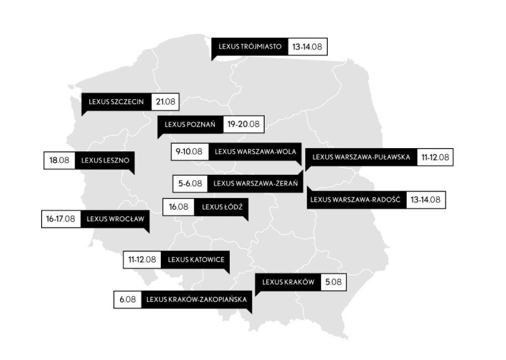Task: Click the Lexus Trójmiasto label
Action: [x=250, y=47]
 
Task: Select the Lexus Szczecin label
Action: [x=117, y=102]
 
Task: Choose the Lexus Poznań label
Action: [x=190, y=124]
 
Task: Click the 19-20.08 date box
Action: [x=244, y=124]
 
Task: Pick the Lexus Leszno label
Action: [x=105, y=160]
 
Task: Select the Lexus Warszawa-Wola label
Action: [x=255, y=151]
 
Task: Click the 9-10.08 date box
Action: [x=189, y=151]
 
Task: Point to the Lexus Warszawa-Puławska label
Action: [x=361, y=157]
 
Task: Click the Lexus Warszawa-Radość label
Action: [x=356, y=199]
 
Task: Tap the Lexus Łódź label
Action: [x=221, y=207]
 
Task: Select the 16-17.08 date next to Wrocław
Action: [x=61, y=219]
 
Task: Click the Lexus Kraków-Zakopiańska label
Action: [x=196, y=300]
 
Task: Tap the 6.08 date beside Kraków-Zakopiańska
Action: [x=127, y=300]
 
